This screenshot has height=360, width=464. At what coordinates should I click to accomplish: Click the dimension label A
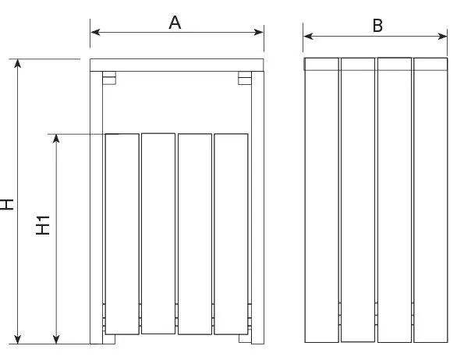pyautogui.click(x=175, y=23)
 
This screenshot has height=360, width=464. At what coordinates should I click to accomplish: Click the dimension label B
pyautogui.click(x=377, y=26)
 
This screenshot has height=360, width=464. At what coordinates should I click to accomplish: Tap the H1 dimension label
pyautogui.click(x=43, y=225)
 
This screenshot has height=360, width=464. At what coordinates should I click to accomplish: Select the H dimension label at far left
pyautogui.click(x=6, y=204)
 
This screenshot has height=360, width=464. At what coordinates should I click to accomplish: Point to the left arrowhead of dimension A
pyautogui.click(x=95, y=32)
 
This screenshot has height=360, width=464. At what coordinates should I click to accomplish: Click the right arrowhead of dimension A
pyautogui.click(x=259, y=32)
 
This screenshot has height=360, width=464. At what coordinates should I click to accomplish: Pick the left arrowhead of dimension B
pyautogui.click(x=308, y=36)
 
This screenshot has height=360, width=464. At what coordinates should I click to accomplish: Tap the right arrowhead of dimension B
pyautogui.click(x=442, y=37)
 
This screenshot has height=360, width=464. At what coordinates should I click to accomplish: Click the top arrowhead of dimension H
pyautogui.click(x=18, y=64)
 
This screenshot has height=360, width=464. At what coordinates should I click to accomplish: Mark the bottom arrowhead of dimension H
pyautogui.click(x=18, y=339)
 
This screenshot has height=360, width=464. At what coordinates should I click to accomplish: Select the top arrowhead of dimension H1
pyautogui.click(x=56, y=139)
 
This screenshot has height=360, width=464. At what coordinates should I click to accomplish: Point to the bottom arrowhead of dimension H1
pyautogui.click(x=56, y=339)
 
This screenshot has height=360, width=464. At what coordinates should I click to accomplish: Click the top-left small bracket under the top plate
pyautogui.click(x=109, y=78)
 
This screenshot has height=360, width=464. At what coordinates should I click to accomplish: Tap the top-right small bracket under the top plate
pyautogui.click(x=245, y=78)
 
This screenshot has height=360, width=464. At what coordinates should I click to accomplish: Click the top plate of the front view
pyautogui.click(x=177, y=65)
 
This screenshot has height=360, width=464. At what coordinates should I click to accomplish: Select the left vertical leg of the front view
pyautogui.click(x=97, y=207)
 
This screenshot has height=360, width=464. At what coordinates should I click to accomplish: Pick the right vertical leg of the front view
pyautogui.click(x=258, y=207)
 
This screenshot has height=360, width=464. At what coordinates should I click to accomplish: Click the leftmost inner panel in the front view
pyautogui.click(x=122, y=234)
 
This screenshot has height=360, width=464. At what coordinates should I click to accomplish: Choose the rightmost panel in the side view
pyautogui.click(x=430, y=200)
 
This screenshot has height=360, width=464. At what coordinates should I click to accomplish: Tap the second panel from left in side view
pyautogui.click(x=358, y=199)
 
